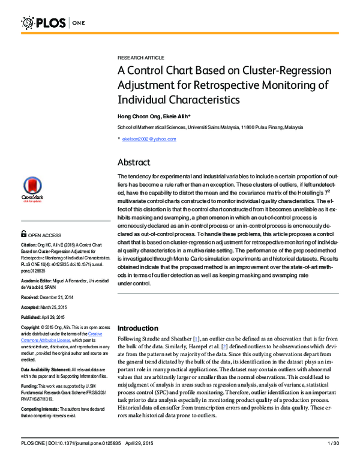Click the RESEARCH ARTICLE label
click(x=140, y=57)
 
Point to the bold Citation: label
click(x=29, y=245)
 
